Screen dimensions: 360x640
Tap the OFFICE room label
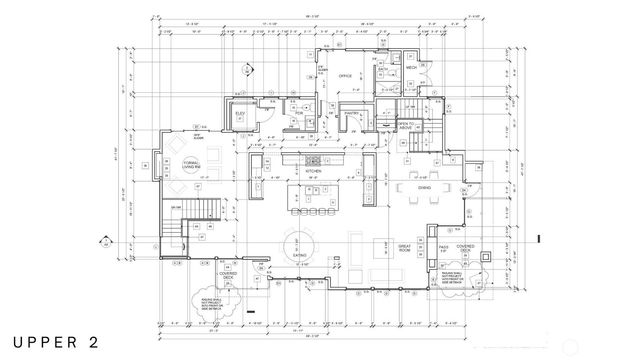(346, 75)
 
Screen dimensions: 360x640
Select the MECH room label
(411, 69)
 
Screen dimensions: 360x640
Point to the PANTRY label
(351, 115)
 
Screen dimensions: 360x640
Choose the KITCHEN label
(313, 171)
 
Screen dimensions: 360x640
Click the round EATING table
(300, 245)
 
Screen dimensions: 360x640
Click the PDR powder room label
(297, 115)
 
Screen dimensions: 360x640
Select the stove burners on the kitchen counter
(313, 159)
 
